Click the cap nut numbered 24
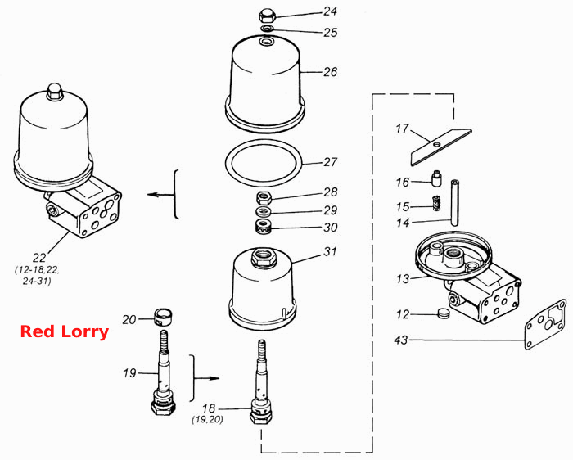click(267, 16)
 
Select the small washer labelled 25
click(267, 29)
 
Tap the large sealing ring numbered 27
click(264, 163)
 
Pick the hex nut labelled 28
click(264, 198)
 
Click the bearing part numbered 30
click(263, 227)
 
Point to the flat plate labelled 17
click(441, 147)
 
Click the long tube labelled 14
click(454, 203)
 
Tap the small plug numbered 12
click(443, 313)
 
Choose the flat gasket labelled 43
click(545, 324)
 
